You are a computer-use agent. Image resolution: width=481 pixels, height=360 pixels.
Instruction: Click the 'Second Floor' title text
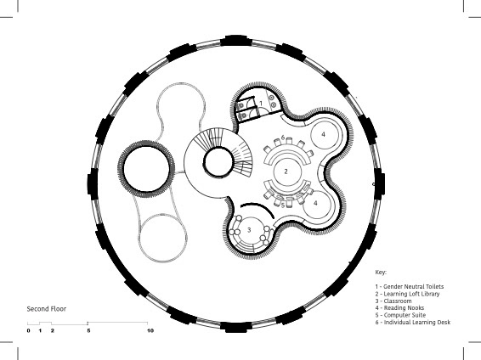47,309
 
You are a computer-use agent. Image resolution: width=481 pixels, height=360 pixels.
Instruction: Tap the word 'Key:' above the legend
381,272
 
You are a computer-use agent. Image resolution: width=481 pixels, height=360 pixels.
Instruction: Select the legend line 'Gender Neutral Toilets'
410,287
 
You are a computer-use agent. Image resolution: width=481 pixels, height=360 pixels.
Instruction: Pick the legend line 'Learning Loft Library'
407,294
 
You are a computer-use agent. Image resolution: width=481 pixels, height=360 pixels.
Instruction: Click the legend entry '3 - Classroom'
393,301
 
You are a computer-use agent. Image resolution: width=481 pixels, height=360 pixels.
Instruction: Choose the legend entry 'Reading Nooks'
399,308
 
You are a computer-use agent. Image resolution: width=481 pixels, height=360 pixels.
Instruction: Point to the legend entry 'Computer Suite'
400,315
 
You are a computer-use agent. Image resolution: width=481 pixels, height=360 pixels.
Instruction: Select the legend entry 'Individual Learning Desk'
413,323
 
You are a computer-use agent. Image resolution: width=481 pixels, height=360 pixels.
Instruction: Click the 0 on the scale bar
29,331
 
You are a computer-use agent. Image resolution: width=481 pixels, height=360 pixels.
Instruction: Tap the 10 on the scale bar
150,331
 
